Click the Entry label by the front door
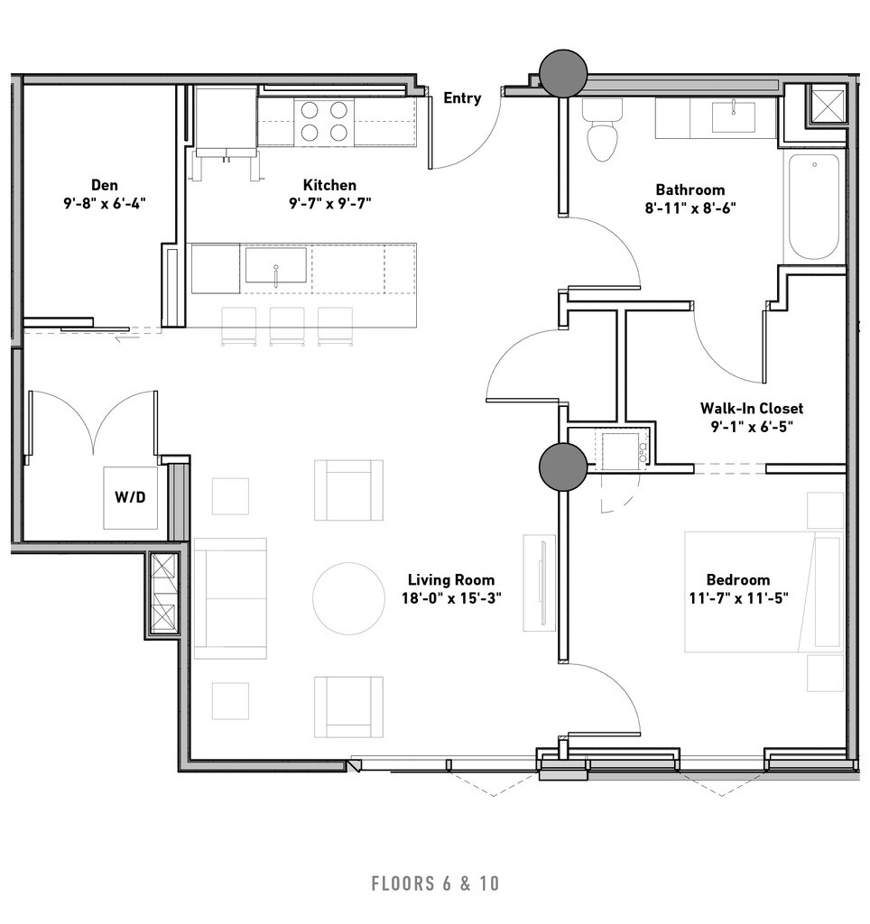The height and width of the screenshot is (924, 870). coord(461,97)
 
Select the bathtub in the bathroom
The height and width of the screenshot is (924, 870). coord(814,207)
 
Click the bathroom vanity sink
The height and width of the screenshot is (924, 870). coord(733,117)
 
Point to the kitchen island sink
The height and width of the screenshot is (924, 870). coord(276,265)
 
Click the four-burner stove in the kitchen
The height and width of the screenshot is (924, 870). coord(324,122)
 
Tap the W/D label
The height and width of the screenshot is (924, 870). coord(130,497)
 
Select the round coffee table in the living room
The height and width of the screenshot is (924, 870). coord(348,598)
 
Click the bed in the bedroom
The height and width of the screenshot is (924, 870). coord(764,592)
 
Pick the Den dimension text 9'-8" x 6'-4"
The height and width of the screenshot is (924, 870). coord(105,203)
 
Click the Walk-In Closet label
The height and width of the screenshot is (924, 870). coord(752,408)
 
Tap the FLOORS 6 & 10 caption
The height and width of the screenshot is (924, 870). coord(435,883)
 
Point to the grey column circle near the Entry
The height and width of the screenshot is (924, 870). coord(563,73)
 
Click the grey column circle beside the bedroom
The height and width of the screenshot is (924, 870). coord(563,467)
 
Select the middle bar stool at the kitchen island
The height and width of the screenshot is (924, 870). coord(287,326)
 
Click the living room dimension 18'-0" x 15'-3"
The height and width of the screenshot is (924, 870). coord(451,598)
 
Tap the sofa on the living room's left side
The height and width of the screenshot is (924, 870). coord(230,598)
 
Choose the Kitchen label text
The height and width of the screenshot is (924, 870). coord(329,185)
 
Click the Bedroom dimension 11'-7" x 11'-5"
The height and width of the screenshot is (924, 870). coord(738,598)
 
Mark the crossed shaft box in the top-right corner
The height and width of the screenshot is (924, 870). coord(828,105)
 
